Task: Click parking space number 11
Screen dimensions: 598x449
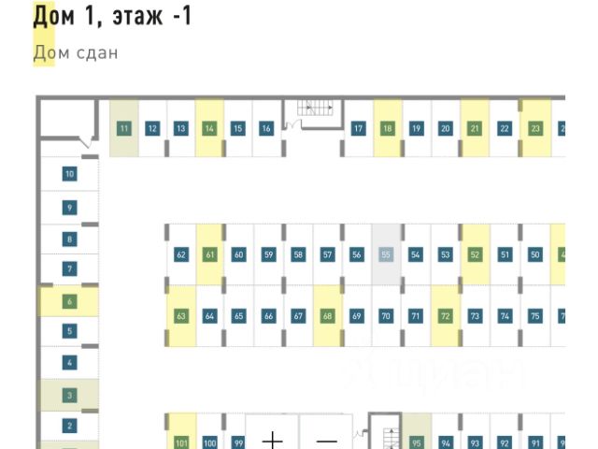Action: [123, 128]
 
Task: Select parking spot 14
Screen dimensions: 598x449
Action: [209, 128]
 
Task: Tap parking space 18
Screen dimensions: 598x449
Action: [387, 128]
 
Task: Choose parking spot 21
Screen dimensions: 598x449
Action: [475, 128]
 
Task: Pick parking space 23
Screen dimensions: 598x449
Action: [535, 128]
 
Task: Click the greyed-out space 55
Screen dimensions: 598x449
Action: [386, 254]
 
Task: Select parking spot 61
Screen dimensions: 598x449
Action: [210, 254]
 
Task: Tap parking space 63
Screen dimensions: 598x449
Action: [181, 316]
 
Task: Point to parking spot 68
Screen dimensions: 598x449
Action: [327, 316]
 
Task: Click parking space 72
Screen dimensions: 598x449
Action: [445, 316]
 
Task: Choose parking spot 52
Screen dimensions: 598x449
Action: [475, 254]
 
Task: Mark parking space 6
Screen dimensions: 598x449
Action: [69, 301]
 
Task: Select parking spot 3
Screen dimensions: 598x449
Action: [69, 395]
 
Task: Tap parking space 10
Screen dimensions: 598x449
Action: [69, 174]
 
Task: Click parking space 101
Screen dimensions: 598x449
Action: [181, 442]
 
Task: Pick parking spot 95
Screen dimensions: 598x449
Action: [417, 442]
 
